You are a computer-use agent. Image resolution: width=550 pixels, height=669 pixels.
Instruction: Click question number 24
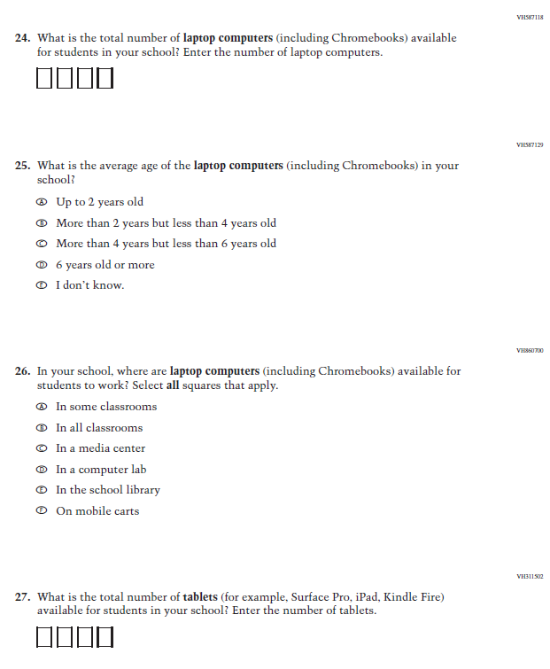coord(22,39)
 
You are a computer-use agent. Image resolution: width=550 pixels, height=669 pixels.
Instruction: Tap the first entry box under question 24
coord(45,79)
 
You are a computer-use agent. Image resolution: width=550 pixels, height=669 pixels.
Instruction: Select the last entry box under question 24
coord(105,79)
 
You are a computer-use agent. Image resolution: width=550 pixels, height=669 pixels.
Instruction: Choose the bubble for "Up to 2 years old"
coord(41,202)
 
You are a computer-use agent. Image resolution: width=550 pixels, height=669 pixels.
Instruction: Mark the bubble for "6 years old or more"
coord(41,265)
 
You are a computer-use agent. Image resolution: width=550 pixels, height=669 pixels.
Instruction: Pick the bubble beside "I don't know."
coord(41,285)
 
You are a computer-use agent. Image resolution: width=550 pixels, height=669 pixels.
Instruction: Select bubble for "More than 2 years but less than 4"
coord(41,223)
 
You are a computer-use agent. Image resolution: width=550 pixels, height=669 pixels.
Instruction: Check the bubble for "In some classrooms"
coord(41,407)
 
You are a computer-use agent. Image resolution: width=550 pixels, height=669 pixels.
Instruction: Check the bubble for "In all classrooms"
coord(41,428)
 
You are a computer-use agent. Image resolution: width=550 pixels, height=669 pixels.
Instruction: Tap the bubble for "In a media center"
coord(41,448)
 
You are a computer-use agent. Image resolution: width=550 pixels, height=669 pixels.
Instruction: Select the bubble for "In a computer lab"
coord(41,470)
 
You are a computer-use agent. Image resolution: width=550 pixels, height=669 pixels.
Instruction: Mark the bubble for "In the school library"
coord(41,490)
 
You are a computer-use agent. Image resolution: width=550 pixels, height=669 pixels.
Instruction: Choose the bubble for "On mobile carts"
coord(41,511)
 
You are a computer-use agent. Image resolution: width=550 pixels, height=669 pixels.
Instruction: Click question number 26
coord(22,371)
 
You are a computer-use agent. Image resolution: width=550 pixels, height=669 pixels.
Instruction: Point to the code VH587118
coord(529,17)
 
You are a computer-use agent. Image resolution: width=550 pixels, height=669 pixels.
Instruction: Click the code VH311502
coord(529,577)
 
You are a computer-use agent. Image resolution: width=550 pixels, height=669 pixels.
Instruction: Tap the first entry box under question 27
coord(45,637)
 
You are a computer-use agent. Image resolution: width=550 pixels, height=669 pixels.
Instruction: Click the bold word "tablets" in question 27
coord(200,597)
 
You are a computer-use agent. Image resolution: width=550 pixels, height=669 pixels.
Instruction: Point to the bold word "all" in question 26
coord(176,385)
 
